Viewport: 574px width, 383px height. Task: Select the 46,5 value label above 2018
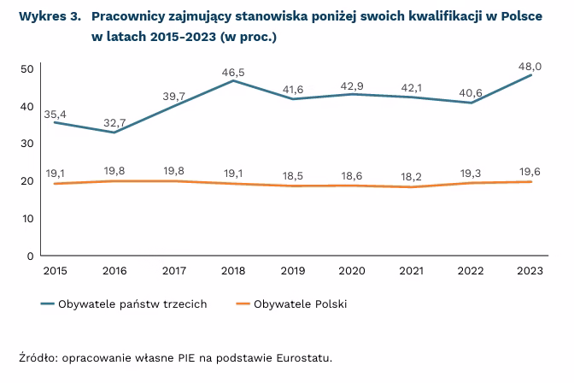(x=232, y=73)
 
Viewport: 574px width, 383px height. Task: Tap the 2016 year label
(x=115, y=270)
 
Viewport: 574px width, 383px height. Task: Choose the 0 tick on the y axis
(x=30, y=256)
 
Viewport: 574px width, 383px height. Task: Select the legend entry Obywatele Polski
(x=300, y=304)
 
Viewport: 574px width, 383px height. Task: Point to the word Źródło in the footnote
(x=37, y=358)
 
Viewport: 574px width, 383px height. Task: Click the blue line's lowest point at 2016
(x=115, y=133)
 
